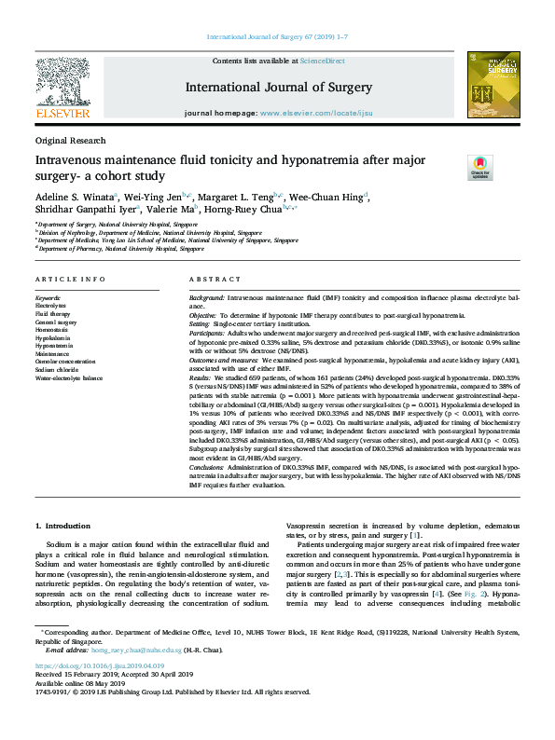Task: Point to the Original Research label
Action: (70, 140)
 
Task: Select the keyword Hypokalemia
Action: (54, 336)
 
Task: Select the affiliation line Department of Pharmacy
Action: (121, 249)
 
